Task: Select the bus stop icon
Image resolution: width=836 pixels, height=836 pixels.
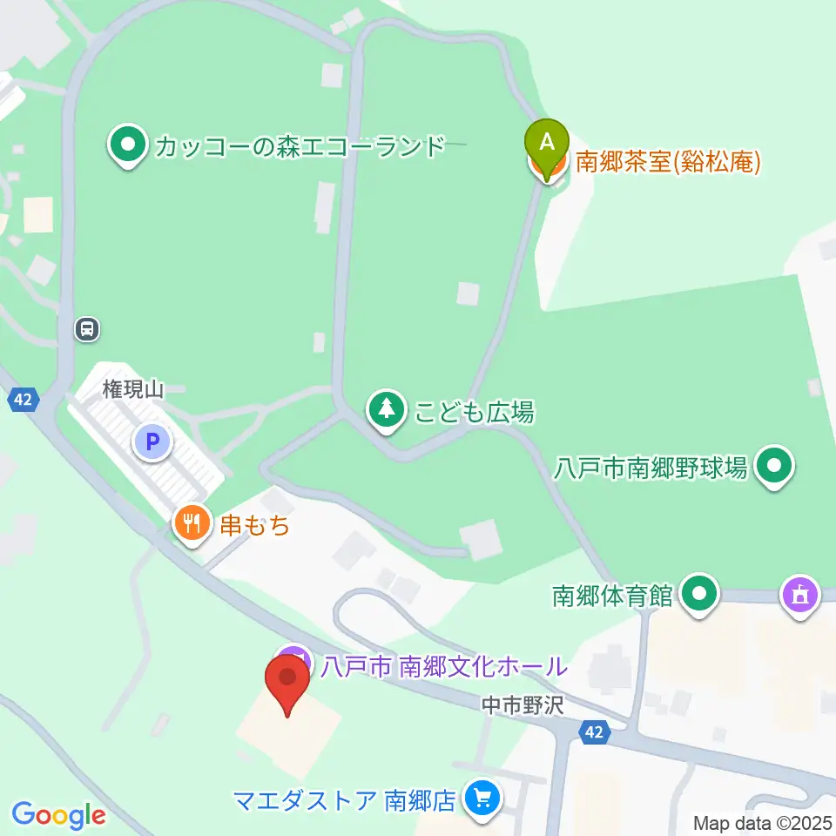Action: click(x=87, y=329)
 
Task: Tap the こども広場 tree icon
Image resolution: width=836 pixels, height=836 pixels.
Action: click(x=385, y=410)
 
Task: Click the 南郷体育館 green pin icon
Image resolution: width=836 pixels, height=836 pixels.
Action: click(x=698, y=595)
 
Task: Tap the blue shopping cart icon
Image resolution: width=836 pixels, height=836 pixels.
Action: click(x=481, y=798)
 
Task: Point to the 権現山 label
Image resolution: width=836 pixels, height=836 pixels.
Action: click(x=132, y=391)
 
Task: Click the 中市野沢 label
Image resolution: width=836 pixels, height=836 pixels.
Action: click(x=522, y=705)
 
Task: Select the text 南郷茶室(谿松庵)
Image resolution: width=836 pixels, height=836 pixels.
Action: click(x=669, y=162)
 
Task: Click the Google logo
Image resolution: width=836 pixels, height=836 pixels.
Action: click(x=58, y=815)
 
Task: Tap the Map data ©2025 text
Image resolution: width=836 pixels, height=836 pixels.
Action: click(x=763, y=822)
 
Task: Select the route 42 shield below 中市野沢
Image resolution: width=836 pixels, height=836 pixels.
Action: click(x=594, y=733)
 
